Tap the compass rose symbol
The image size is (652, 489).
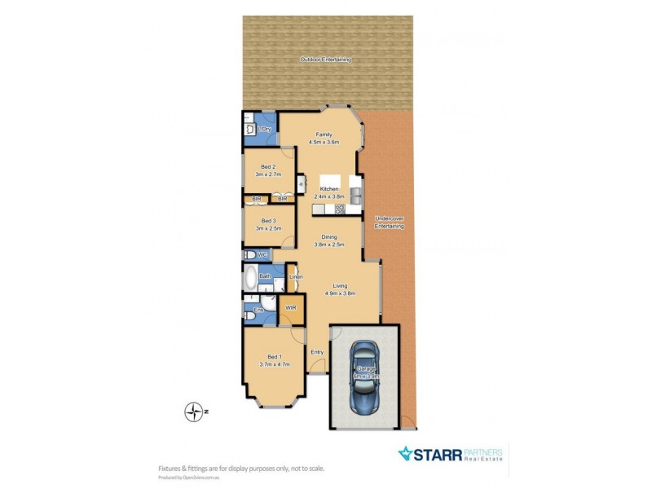click(192, 412)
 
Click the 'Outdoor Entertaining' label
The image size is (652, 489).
click(325, 59)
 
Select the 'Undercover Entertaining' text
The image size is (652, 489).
click(389, 222)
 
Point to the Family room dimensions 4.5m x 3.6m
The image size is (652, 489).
click(324, 143)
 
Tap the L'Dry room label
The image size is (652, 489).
click(265, 130)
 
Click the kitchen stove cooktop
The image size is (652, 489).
click(340, 209)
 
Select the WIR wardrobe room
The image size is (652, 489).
click(289, 307)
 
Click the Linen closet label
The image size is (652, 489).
click(296, 277)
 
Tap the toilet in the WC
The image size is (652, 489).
click(249, 255)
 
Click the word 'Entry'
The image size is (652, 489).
click(317, 352)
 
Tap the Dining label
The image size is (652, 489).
click(328, 237)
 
